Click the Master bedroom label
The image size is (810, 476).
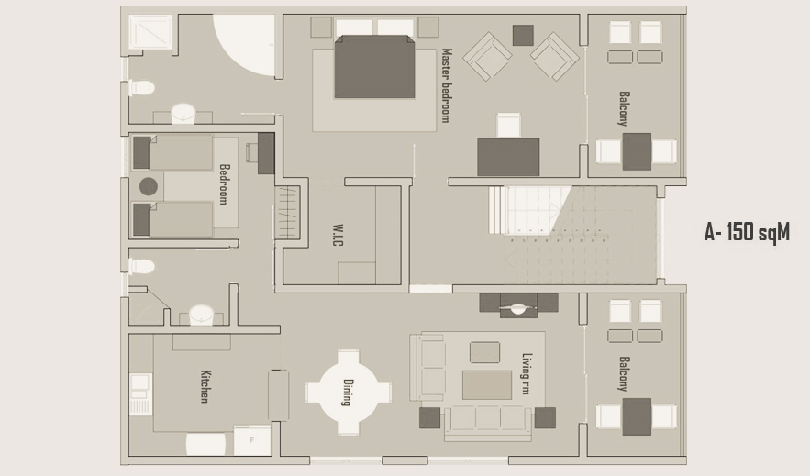447,85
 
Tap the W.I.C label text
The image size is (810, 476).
338,235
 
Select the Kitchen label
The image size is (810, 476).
205,386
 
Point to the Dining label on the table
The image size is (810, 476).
349,393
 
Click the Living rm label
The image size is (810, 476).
527,374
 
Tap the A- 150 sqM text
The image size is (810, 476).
747,232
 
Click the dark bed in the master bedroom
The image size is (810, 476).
374,67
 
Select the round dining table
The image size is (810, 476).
349,393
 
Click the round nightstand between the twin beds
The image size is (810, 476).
149,186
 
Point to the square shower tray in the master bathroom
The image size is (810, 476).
150,31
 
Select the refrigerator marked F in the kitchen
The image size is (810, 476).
252,440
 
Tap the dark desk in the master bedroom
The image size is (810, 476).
508,157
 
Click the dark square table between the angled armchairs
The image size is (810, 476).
523,35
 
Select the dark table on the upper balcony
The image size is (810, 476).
637,151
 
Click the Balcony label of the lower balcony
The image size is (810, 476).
624,374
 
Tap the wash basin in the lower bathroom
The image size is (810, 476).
201,315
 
